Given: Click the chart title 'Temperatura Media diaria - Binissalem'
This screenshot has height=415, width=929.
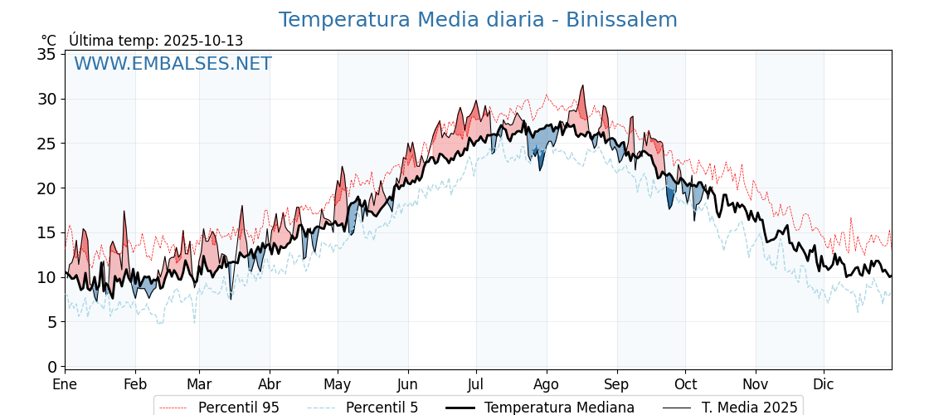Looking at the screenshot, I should click(x=478, y=20).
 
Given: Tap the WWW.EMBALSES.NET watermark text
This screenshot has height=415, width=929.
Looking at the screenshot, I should click(x=173, y=64).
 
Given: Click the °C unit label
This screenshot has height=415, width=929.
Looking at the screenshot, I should click(x=49, y=41).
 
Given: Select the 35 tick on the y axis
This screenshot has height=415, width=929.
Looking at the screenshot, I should click(x=46, y=55).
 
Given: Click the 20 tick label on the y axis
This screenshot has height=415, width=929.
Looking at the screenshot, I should click(x=46, y=188).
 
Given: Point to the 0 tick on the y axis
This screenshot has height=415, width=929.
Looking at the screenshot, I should click(x=51, y=367).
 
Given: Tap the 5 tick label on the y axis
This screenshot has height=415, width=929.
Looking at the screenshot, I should click(x=51, y=322).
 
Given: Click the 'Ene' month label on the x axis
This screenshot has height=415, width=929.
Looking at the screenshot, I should click(x=65, y=384).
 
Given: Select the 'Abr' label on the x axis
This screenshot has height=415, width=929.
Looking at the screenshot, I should click(x=270, y=384).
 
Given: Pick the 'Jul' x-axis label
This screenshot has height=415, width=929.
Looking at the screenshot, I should click(x=476, y=384).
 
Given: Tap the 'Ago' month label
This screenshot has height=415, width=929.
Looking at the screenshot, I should click(x=547, y=384).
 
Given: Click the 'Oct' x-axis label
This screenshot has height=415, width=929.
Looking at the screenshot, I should click(x=685, y=384).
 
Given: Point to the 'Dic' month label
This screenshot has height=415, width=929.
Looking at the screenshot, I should click(x=824, y=384).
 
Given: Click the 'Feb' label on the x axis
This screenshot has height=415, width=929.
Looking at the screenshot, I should click(x=135, y=384).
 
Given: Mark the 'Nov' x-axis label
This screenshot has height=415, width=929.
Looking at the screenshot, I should click(x=756, y=384).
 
